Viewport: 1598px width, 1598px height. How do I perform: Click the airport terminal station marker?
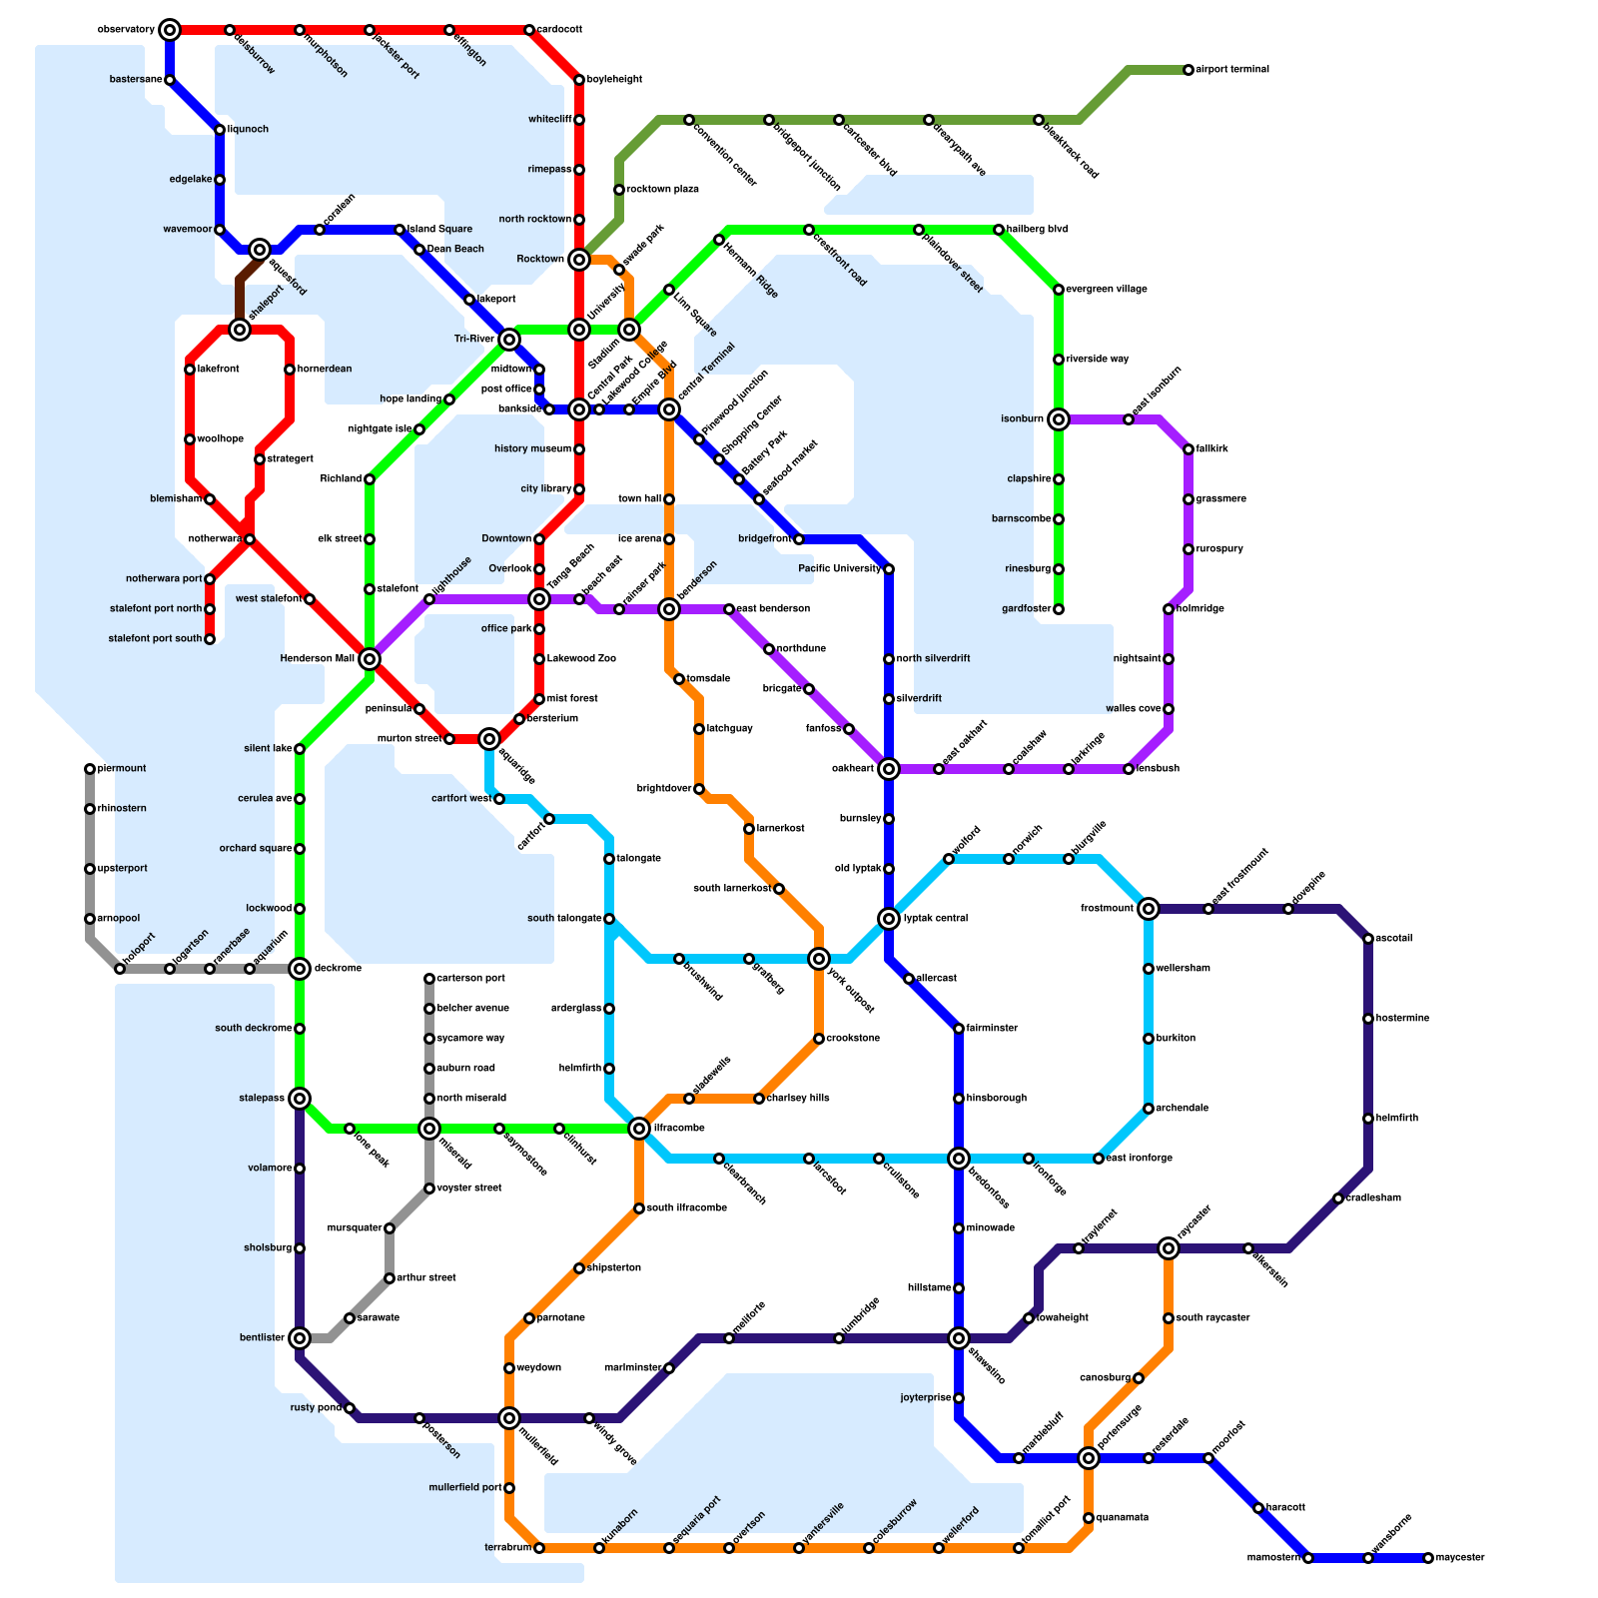point(1189,70)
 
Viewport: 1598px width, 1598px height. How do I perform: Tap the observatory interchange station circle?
point(170,30)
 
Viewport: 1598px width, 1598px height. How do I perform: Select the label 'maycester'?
point(1460,1558)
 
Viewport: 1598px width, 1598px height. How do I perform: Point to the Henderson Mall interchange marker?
point(370,659)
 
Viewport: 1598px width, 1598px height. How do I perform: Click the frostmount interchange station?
point(1149,909)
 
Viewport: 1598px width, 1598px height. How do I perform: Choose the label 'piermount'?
point(122,769)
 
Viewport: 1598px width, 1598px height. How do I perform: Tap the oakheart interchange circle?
point(889,769)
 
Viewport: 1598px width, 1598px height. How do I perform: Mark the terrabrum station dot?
point(539,1548)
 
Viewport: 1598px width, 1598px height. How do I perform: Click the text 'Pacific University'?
point(840,569)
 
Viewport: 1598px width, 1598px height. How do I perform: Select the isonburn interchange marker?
point(1059,419)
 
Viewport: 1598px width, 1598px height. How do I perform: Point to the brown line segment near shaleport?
point(241,290)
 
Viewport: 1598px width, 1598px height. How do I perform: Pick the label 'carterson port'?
point(470,979)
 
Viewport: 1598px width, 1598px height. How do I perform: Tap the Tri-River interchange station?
point(509,340)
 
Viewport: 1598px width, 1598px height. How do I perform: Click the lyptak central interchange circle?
point(889,919)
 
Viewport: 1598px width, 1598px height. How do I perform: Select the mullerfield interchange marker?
point(509,1418)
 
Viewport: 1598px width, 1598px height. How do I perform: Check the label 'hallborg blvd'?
point(1037,230)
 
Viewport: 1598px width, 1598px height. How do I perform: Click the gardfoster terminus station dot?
point(1059,609)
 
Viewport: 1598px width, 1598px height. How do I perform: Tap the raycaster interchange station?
point(1169,1248)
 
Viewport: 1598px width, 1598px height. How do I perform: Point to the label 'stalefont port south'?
point(155,639)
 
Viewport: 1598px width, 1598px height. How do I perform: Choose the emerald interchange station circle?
point(429,1129)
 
